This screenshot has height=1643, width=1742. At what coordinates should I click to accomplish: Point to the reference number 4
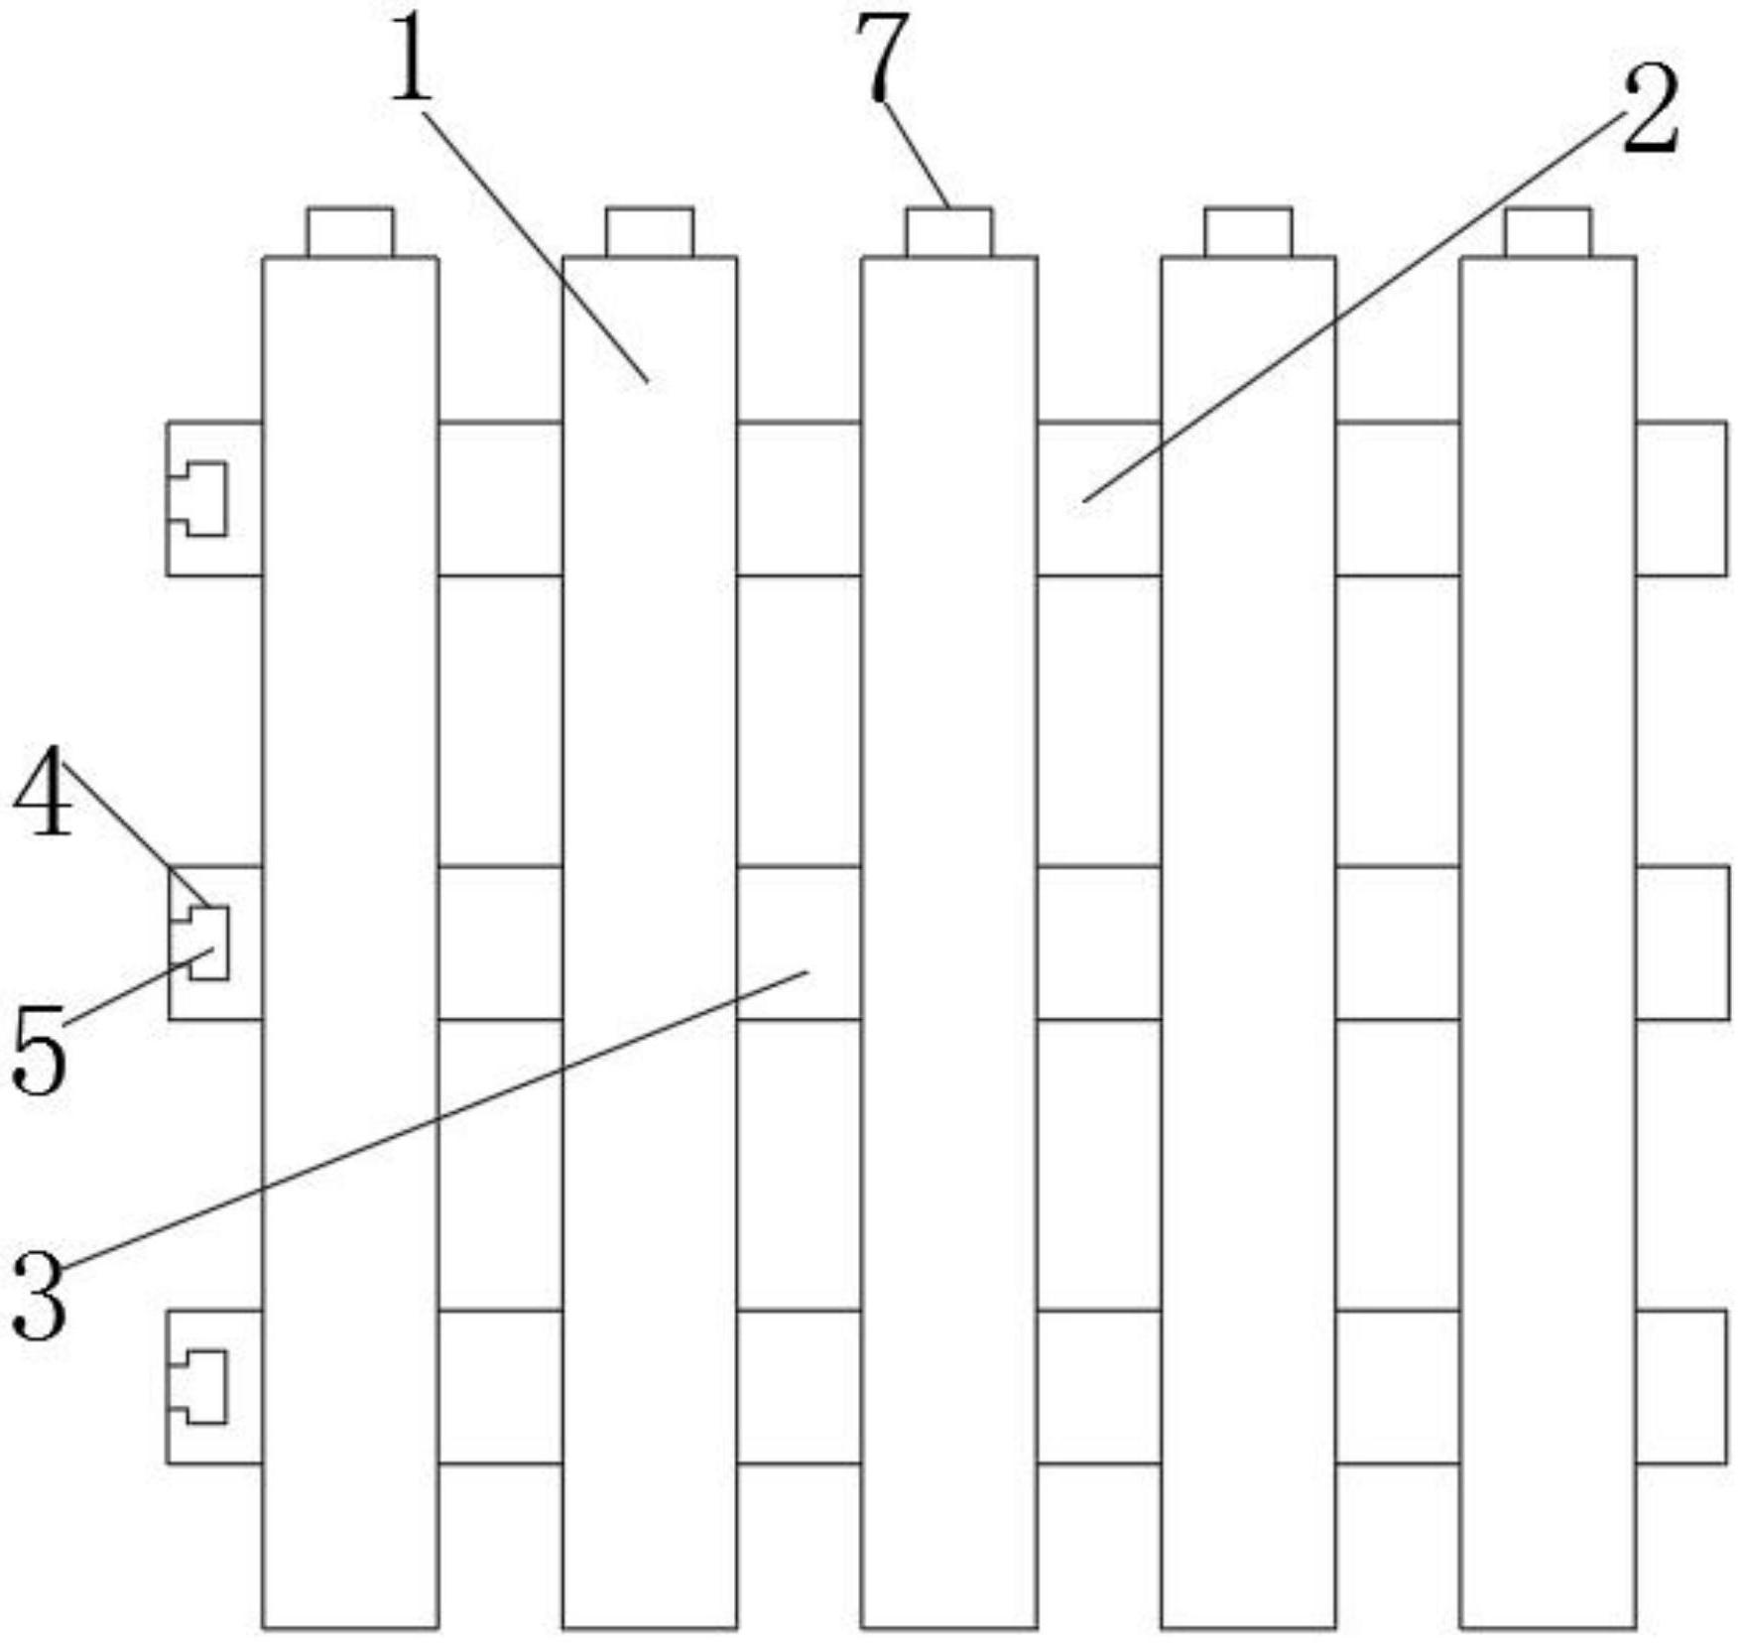coord(43,792)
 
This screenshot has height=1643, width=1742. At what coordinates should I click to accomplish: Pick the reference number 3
coord(40,1295)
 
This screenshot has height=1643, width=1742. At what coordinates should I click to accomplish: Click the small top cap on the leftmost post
coord(349,232)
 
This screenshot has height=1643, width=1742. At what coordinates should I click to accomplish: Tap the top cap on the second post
coord(650,232)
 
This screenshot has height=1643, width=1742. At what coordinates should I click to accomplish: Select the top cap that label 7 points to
coord(949,232)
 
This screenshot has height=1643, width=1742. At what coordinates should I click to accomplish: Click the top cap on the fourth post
coord(1249,232)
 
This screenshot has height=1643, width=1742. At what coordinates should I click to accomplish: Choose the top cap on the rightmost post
coord(1549,232)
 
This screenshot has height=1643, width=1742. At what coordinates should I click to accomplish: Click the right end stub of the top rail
coord(1681,498)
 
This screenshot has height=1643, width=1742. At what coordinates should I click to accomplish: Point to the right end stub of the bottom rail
coord(1681,1386)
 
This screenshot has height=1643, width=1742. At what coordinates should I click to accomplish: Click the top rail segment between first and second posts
coord(500,498)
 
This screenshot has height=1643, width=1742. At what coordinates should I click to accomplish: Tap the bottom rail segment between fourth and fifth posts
coord(1398,1386)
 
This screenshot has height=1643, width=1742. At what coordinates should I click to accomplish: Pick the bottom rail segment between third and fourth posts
coord(1099,1386)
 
